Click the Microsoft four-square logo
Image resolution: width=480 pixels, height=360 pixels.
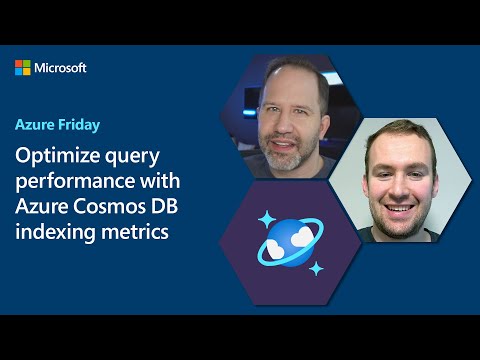click(x=23, y=68)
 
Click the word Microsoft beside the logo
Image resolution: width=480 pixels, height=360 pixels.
click(x=61, y=68)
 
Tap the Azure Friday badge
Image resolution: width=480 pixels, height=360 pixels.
click(x=57, y=127)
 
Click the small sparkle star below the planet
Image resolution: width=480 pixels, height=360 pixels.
click(x=316, y=268)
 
